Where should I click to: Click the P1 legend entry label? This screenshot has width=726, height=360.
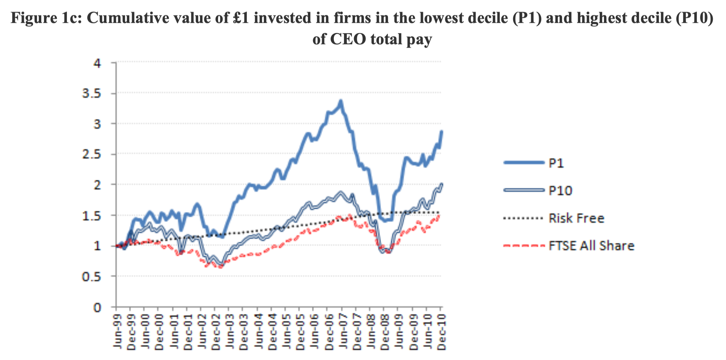(556, 163)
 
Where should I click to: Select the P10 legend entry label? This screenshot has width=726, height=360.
(560, 190)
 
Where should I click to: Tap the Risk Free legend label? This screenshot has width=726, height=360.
(576, 218)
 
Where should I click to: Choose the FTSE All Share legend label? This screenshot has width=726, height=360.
(591, 246)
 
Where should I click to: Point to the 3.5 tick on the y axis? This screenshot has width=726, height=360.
(92, 93)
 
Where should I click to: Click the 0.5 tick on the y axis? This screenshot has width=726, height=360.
(92, 276)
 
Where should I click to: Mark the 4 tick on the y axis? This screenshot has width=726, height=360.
(97, 63)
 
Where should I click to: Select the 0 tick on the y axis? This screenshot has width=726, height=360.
(97, 307)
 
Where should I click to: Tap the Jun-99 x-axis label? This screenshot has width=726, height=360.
(117, 332)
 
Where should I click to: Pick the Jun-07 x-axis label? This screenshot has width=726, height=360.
(343, 332)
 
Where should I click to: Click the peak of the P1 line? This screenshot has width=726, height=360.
(341, 101)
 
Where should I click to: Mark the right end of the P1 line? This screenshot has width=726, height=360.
(442, 131)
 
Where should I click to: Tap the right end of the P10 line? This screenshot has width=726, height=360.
(442, 184)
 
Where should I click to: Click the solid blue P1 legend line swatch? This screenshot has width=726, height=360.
(524, 163)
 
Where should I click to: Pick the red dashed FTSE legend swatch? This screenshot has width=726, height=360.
(524, 246)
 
